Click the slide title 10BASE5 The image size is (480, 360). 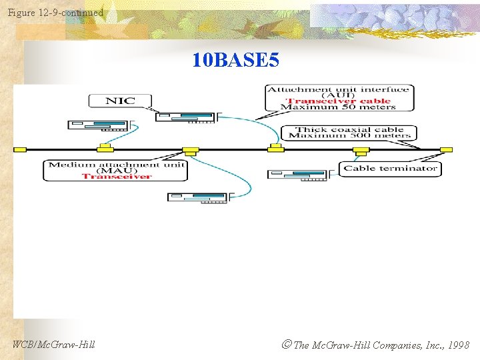click(x=236, y=61)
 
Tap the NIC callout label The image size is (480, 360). click(x=120, y=101)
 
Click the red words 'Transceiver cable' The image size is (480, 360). click(x=339, y=101)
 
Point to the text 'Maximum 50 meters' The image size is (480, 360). click(x=339, y=107)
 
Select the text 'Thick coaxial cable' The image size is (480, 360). click(x=349, y=129)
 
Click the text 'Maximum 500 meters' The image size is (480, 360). click(x=349, y=136)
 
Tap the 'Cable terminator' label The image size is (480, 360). click(x=390, y=169)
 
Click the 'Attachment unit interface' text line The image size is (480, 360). click(x=339, y=89)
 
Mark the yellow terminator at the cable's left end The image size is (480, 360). click(x=20, y=149)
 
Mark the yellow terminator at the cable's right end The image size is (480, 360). click(x=446, y=149)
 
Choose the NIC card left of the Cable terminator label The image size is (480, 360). click(x=299, y=175)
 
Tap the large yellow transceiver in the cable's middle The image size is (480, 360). click(x=191, y=151)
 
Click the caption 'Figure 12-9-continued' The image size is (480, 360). click(x=55, y=13)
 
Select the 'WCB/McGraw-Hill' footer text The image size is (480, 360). click(x=54, y=345)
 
